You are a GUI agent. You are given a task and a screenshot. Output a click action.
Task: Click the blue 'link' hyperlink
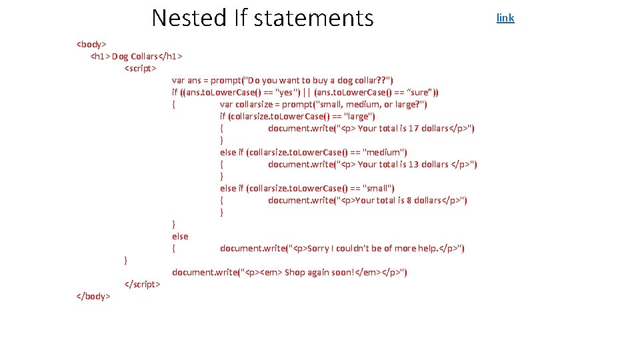pos(505,18)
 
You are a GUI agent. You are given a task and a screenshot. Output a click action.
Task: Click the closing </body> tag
pos(93,296)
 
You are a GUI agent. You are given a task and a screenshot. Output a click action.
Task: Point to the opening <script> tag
pos(140,68)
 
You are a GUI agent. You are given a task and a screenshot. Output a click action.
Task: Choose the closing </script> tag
pos(142,284)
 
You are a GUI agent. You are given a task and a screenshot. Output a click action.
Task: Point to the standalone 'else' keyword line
pos(180,236)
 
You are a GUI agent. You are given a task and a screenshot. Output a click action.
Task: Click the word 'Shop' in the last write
pos(295,272)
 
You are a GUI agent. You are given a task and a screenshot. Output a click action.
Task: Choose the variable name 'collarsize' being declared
pos(257,104)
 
